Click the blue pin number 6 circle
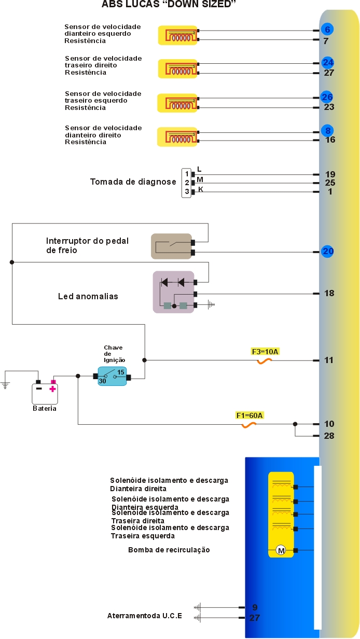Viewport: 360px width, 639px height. click(327, 30)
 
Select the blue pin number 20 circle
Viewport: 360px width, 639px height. click(327, 252)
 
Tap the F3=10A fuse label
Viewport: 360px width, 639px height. click(266, 352)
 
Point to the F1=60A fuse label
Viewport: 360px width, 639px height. click(250, 415)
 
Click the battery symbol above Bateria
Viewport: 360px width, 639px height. click(45, 393)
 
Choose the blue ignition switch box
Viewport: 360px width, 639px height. click(112, 377)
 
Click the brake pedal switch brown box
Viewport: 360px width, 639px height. click(171, 246)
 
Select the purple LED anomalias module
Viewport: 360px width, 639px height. click(173, 292)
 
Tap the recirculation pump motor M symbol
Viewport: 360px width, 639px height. click(281, 550)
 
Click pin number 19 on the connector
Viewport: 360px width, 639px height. click(330, 175)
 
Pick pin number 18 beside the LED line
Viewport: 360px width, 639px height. click(329, 294)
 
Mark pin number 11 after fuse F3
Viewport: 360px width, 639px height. click(329, 360)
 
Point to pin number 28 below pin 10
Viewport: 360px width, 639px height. click(329, 436)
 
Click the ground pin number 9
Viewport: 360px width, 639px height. click(255, 607)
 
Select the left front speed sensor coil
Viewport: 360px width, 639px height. click(178, 35)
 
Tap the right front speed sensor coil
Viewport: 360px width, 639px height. click(178, 137)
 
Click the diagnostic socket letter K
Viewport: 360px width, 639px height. click(201, 190)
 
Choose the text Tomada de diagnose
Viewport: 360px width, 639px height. click(133, 182)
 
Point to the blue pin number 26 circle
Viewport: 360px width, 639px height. click(327, 97)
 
